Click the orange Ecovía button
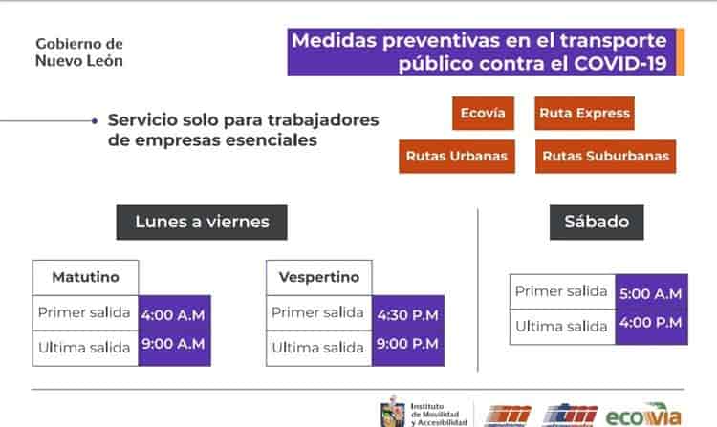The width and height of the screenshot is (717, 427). click(484, 113)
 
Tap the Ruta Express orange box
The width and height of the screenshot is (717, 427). click(584, 113)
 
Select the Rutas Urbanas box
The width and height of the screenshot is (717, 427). click(457, 156)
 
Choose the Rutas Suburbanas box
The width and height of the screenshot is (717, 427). click(604, 156)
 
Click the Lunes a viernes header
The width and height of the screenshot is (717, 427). click(202, 223)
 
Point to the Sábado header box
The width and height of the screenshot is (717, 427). click(597, 222)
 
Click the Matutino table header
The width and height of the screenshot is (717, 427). click(85, 277)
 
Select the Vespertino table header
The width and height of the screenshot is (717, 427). click(319, 277)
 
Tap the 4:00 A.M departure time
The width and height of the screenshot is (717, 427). click(173, 313)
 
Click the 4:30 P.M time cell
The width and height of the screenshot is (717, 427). click(407, 313)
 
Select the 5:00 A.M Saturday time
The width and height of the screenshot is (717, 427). click(650, 293)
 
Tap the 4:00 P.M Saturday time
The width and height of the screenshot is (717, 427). click(650, 323)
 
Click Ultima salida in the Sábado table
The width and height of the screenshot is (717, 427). click(561, 326)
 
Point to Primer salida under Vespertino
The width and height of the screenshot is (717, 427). click(317, 312)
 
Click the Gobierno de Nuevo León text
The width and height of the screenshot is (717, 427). click(79, 53)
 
